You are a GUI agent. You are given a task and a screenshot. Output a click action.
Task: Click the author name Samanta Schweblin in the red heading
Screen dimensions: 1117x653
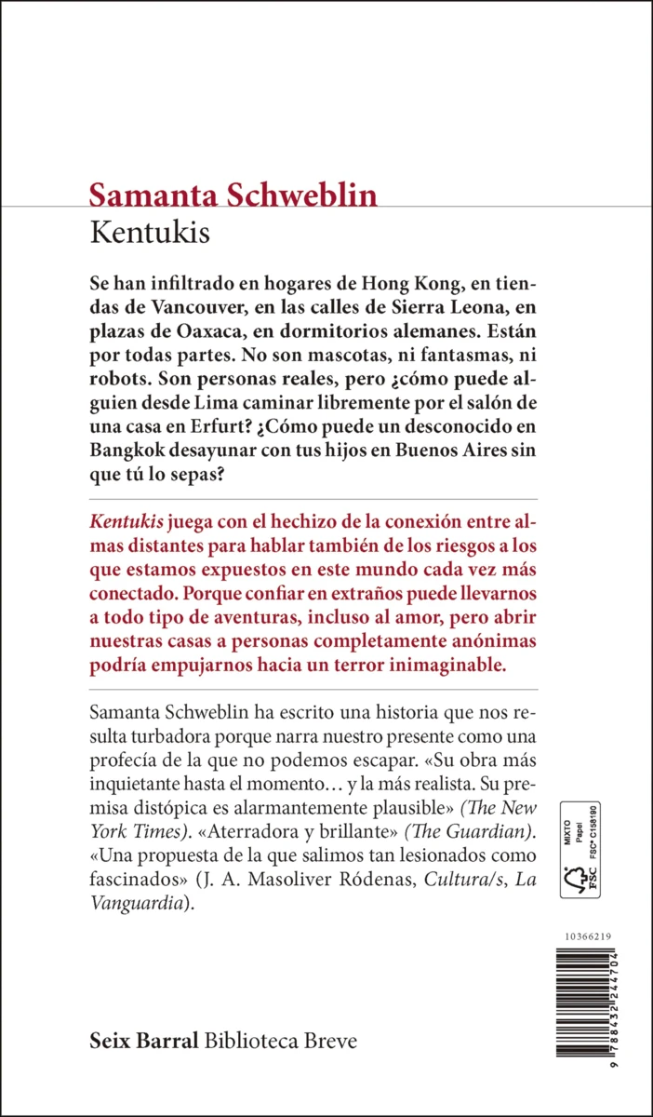(x=233, y=195)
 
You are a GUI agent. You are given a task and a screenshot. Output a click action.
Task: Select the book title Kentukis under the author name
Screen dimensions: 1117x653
(x=150, y=232)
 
